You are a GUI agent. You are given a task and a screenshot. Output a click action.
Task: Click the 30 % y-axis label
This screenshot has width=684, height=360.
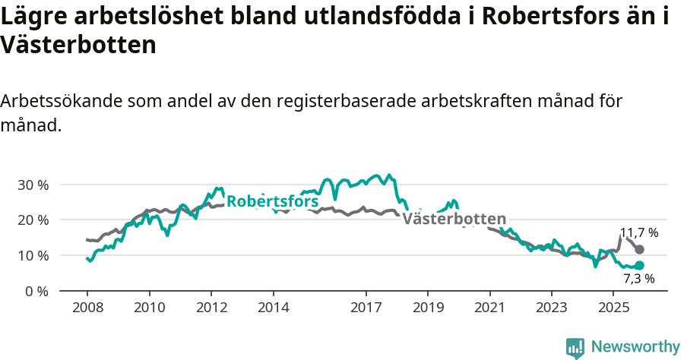click(33, 185)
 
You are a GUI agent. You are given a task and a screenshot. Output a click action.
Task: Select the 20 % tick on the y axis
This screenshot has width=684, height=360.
click(33, 220)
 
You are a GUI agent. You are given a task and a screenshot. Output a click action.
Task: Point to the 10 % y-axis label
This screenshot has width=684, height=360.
click(33, 256)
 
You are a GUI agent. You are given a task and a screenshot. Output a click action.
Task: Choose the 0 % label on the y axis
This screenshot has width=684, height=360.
click(36, 291)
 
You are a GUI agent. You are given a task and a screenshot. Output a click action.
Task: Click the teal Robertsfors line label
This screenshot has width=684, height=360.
click(273, 202)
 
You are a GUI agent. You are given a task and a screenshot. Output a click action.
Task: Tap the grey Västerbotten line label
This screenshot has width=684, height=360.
click(454, 219)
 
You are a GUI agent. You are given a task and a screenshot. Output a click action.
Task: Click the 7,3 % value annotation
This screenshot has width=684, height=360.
click(638, 279)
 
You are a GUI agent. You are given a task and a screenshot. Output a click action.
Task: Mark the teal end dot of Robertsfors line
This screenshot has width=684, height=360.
click(639, 265)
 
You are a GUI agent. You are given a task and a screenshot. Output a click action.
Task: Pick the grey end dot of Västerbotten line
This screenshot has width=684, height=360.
click(639, 249)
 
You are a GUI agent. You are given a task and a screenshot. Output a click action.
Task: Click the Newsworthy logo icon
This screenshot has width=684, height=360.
click(575, 348)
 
